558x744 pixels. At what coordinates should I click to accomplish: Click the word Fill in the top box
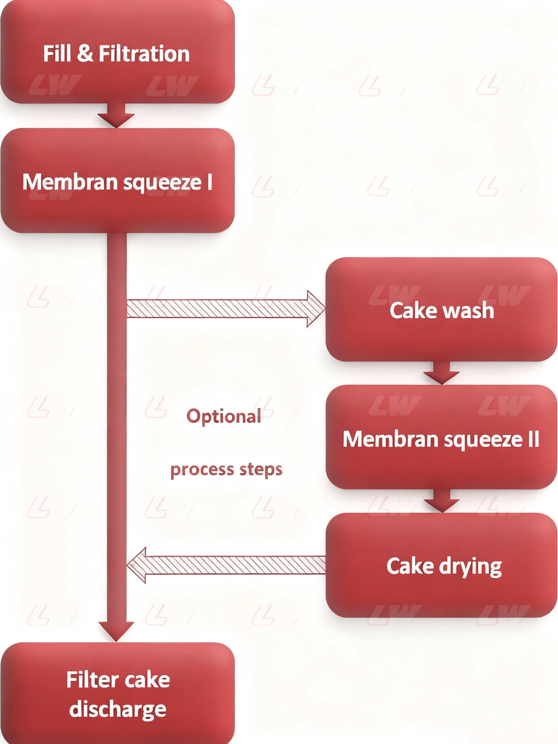tap(57, 54)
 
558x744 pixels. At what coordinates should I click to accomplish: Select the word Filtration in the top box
tap(144, 54)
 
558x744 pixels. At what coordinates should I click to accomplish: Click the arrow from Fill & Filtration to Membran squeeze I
tap(116, 116)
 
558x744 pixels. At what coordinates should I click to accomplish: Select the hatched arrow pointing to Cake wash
tap(225, 308)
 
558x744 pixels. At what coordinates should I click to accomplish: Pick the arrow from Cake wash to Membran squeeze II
tap(441, 373)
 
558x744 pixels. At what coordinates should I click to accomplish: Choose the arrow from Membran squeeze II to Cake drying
tap(441, 501)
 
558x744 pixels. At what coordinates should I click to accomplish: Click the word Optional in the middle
tap(224, 416)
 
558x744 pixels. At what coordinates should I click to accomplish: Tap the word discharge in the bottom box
tap(118, 709)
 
